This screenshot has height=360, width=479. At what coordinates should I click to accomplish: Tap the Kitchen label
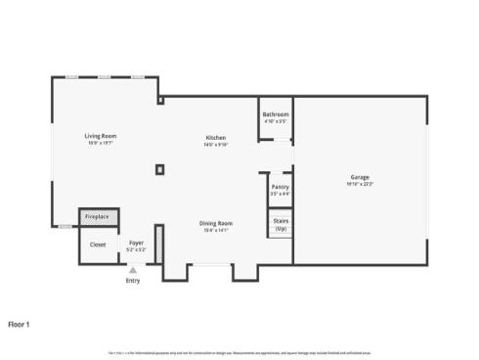tap(216, 137)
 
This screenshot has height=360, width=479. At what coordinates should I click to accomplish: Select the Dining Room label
tap(215, 223)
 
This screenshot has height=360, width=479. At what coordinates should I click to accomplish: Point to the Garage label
tap(360, 178)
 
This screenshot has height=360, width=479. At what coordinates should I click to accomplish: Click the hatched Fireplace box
tap(98, 216)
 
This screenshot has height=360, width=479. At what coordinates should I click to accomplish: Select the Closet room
tap(98, 245)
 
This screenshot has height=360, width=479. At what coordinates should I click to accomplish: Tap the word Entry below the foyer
tap(133, 282)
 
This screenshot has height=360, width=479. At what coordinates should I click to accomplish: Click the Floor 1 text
tap(20, 323)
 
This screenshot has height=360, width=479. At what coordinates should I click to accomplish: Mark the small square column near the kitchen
tap(159, 169)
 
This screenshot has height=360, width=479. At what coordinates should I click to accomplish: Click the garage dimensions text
tap(360, 184)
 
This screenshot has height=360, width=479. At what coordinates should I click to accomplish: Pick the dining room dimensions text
tap(215, 230)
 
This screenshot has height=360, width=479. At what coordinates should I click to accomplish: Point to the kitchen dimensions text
tap(216, 144)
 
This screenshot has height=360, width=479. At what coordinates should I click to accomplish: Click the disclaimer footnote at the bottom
tap(239, 352)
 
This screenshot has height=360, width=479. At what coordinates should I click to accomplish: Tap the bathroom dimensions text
tap(275, 121)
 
